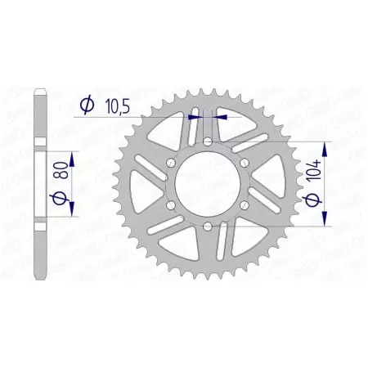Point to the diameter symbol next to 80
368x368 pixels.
[x=58, y=200]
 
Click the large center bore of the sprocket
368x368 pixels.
[x=207, y=184]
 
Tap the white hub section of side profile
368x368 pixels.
[x=39, y=182]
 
